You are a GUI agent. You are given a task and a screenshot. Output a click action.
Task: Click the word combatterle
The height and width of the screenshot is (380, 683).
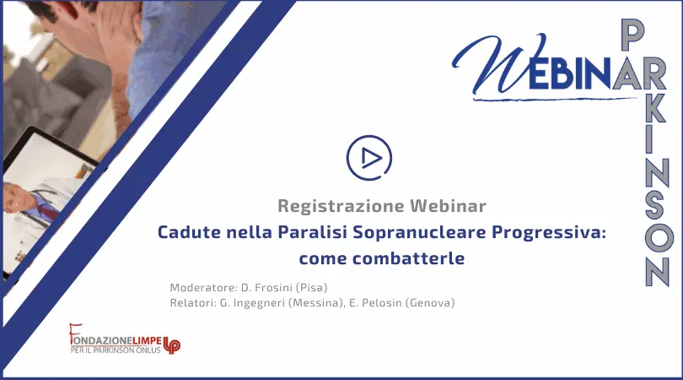click(x=409, y=258)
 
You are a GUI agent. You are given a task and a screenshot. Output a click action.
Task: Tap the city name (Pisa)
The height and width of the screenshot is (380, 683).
click(x=311, y=288)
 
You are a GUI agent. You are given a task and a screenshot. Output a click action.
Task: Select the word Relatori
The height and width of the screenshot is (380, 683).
click(x=191, y=302)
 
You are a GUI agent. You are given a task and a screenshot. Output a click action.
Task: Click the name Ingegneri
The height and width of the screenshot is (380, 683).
click(x=259, y=303)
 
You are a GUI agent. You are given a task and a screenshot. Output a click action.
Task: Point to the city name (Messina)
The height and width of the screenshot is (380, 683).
click(x=316, y=303)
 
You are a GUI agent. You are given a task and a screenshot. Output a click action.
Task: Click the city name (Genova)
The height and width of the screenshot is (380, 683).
click(x=430, y=303)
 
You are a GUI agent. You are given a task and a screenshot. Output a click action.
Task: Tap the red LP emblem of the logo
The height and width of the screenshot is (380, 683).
click(x=172, y=345)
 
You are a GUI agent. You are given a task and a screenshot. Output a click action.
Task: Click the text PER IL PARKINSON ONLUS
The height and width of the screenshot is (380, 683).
click(x=116, y=350)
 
